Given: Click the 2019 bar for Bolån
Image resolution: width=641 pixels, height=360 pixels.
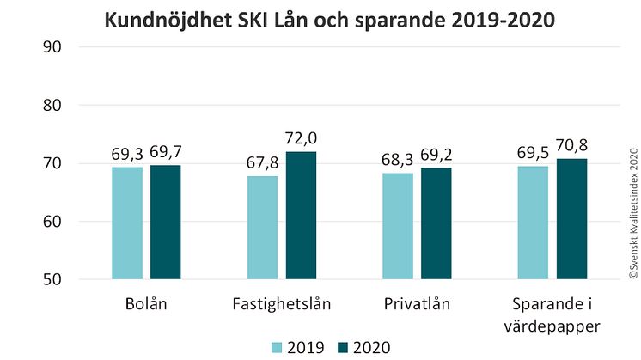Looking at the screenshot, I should tap(127, 223).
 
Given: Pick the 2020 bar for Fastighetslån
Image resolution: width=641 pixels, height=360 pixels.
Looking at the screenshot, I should tap(301, 215).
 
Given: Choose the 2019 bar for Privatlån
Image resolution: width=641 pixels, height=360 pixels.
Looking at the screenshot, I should tap(397, 226).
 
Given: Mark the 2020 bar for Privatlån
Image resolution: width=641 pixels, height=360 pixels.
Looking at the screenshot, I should tap(436, 223).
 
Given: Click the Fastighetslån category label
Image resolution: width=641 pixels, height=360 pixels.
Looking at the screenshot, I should tap(281, 305).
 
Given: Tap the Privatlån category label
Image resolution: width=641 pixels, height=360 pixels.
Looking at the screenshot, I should tap(417, 305).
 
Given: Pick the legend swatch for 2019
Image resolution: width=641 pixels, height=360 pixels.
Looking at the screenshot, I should tap(278, 347).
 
